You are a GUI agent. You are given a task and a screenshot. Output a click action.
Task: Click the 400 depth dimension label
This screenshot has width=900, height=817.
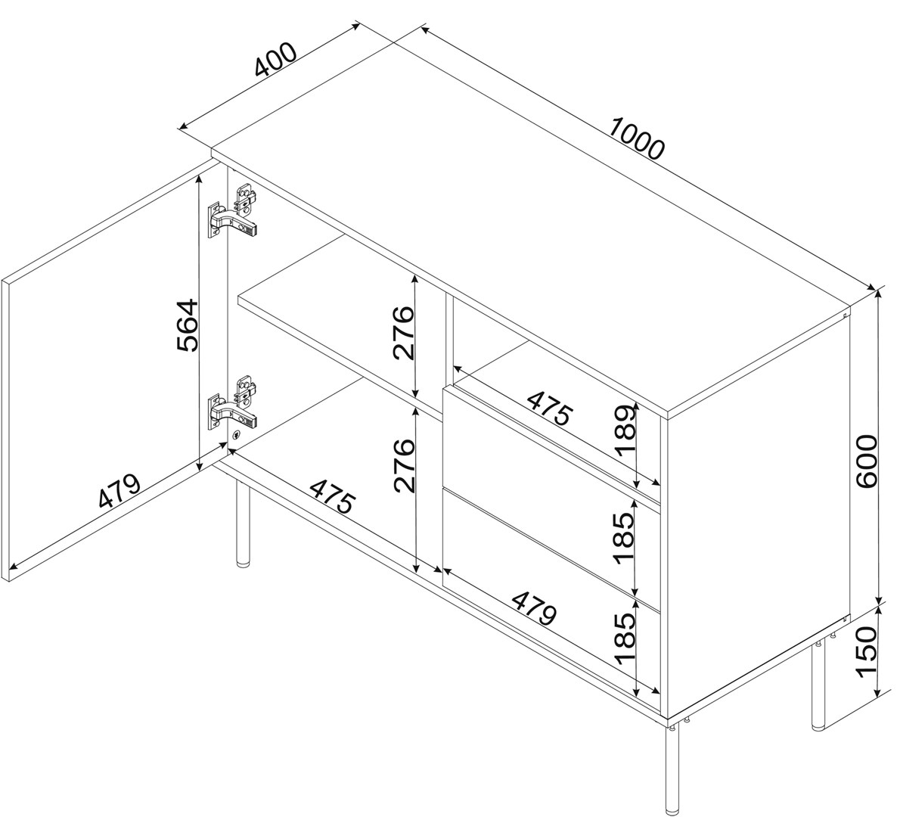pos(276,60)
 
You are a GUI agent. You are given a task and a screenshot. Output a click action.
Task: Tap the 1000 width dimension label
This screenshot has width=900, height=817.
pos(636,138)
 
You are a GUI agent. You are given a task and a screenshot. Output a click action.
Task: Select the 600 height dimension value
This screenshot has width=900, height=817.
pos(866,461)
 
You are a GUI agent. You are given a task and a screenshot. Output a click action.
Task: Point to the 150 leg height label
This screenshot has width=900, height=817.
pos(866,652)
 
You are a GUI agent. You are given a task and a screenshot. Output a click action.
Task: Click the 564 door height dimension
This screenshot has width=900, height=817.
pos(188,325)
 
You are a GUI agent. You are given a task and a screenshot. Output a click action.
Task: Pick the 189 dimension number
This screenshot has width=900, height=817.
pos(625,429)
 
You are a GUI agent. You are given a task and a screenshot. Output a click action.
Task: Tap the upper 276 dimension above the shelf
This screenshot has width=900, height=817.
pos(404,332)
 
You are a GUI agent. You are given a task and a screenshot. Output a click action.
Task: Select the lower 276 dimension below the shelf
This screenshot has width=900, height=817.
pos(404,465)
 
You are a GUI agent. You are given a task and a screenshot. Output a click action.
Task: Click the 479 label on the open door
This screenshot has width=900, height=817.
pos(119,491)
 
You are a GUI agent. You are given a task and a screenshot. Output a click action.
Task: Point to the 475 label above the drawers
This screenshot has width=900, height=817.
pos(550,408)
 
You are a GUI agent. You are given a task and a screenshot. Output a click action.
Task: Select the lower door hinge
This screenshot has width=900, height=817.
pos(232,405)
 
